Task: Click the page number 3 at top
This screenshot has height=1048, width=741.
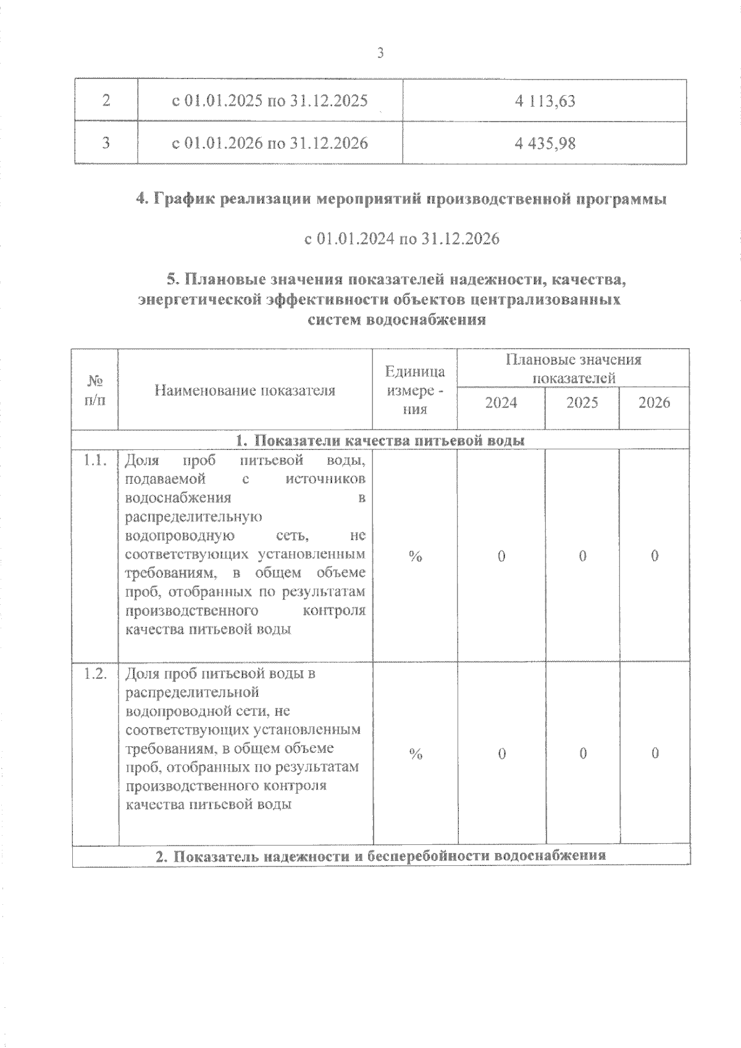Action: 380,54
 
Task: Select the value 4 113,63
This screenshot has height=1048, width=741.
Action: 545,101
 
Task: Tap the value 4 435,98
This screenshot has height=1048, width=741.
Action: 545,143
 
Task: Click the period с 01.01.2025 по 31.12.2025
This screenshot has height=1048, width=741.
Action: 270,101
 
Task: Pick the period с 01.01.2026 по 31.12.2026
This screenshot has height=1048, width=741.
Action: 270,143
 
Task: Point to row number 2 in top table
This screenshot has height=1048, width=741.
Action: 106,101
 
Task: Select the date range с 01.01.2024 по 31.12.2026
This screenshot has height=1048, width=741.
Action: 401,239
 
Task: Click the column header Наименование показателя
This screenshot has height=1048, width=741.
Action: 245,390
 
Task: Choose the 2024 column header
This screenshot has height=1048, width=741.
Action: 501,403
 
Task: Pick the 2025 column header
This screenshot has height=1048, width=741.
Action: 582,403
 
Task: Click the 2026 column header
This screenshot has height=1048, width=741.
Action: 654,403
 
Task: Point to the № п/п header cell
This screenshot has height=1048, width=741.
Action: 94,390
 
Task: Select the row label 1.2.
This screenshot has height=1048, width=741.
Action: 96,673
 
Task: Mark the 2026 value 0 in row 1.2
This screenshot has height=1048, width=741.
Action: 655,754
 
